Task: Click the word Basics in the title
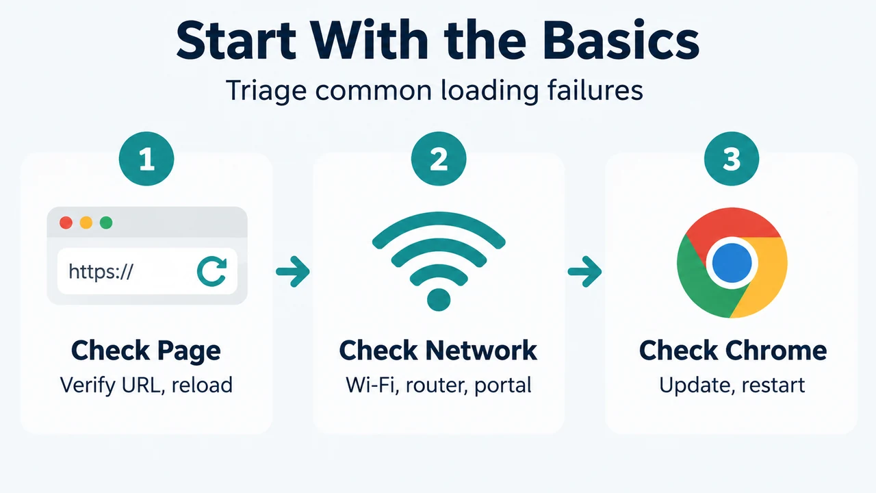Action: coord(621,40)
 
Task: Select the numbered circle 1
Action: coord(146,158)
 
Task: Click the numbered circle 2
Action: coord(439,158)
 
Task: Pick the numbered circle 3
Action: coord(732,158)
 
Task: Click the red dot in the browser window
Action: coord(66,223)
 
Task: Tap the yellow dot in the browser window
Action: coord(86,223)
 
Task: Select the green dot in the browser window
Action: coord(106,223)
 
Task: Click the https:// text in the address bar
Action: coord(101,271)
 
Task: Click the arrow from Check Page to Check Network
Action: coord(293,272)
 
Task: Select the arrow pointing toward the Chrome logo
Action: coord(585,272)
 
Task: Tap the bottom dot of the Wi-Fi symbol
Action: coord(439,300)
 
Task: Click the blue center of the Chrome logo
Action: coord(732,263)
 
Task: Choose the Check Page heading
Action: coord(146,351)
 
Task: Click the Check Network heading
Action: coord(438,350)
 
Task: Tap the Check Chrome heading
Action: coord(733,350)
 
